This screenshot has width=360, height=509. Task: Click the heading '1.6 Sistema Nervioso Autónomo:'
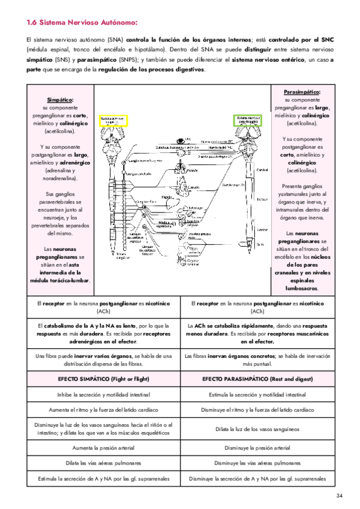(x=82, y=23)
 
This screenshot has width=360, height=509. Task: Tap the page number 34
(x=339, y=495)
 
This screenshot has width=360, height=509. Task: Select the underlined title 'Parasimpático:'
(x=303, y=91)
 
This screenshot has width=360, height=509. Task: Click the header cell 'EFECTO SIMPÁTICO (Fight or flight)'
(x=103, y=379)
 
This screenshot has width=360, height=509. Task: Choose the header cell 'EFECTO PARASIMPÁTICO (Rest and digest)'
(x=257, y=379)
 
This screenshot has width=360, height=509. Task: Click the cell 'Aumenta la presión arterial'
(x=103, y=448)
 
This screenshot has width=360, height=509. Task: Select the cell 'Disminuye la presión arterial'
(x=257, y=448)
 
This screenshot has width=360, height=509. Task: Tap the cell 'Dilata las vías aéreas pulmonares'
(x=103, y=463)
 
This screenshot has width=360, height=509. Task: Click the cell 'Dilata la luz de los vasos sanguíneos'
(x=257, y=429)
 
